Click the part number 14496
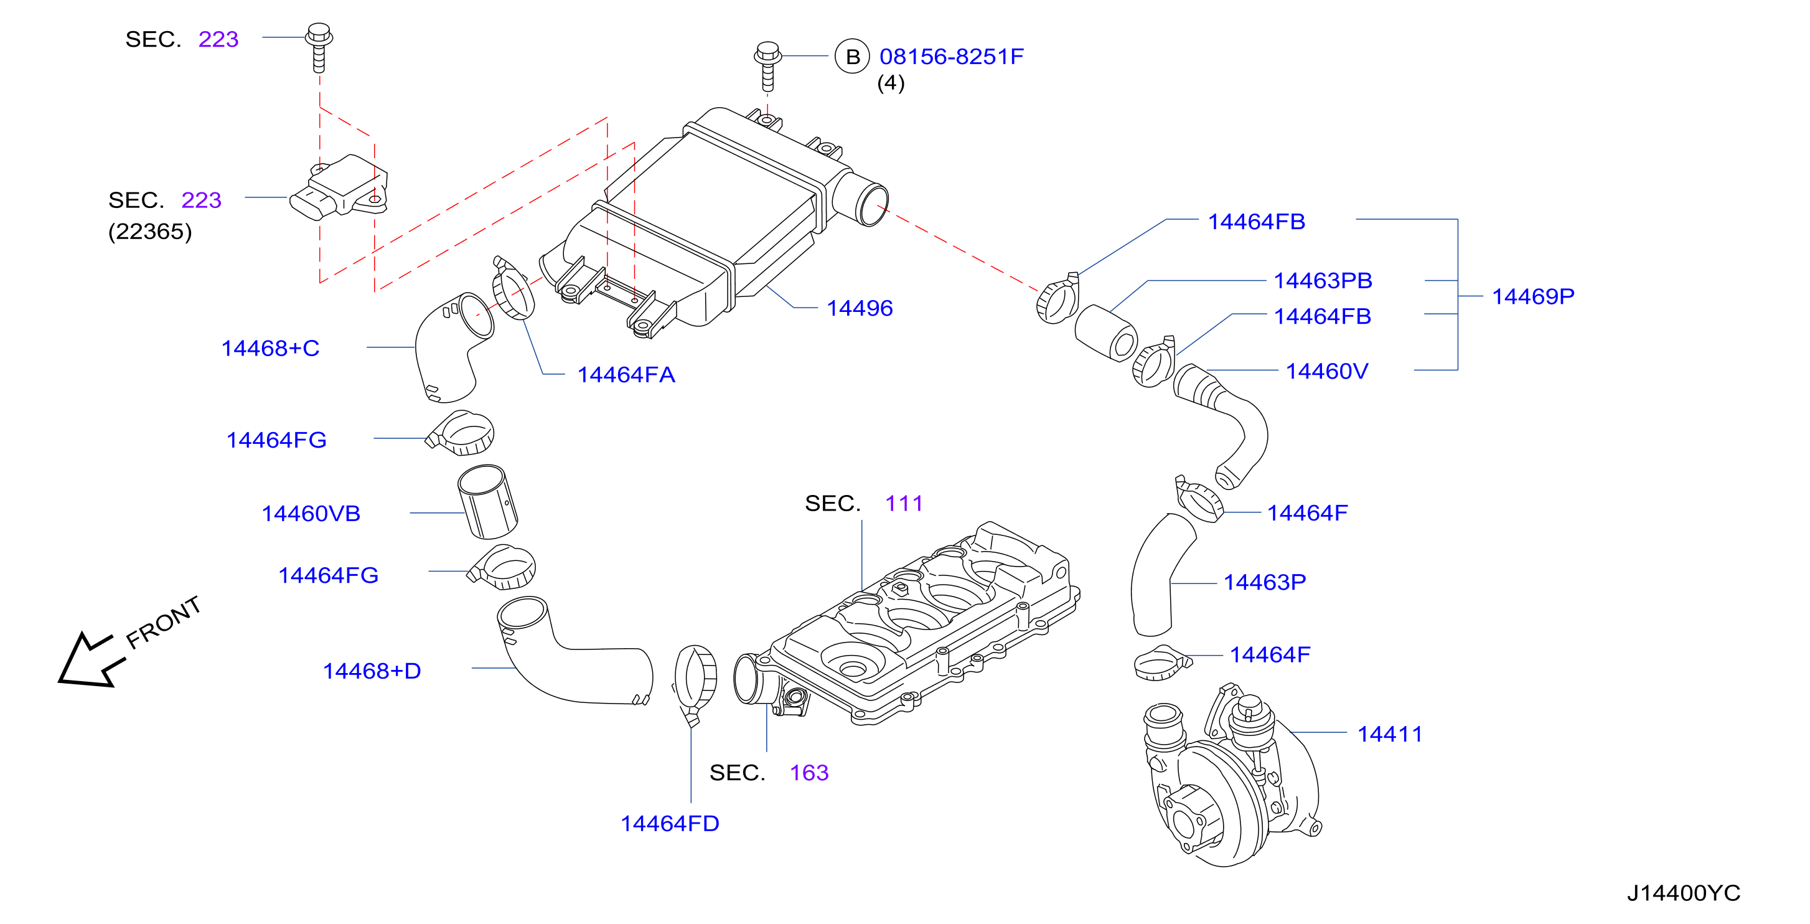860,308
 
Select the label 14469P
1532,296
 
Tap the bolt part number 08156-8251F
952,56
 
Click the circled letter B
852,56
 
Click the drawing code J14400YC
1684,893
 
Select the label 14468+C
271,348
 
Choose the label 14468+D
372,671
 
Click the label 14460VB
311,514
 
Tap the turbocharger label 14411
1389,734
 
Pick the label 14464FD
670,824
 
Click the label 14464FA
626,374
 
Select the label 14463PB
1323,280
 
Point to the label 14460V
1326,371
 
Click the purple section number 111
904,503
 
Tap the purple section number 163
809,773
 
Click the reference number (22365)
149,231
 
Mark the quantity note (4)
890,83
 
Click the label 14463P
1265,583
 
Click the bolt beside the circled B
767,66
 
